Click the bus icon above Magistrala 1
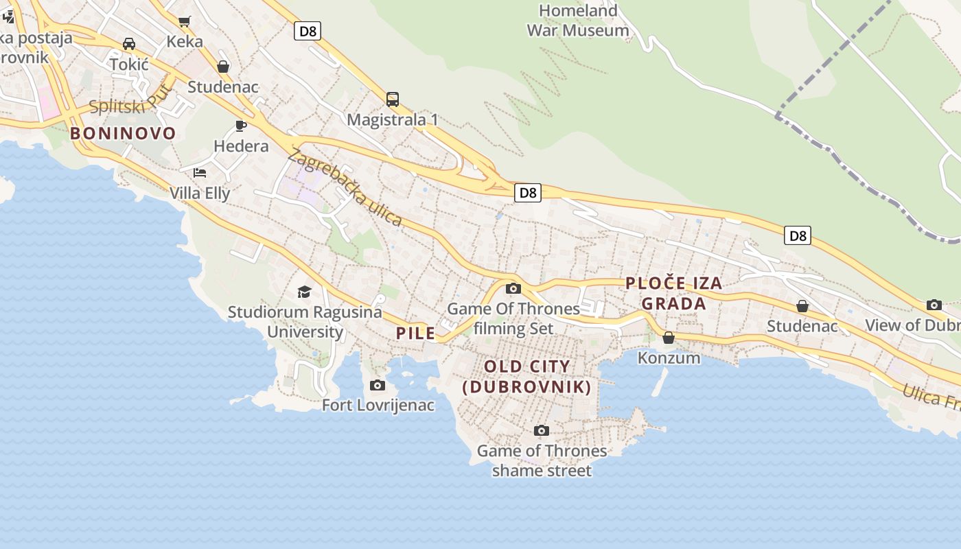392,100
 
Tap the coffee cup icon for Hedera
240,126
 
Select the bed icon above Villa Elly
200,172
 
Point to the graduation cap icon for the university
304,292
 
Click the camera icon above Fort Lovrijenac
377,385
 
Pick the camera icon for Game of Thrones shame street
542,430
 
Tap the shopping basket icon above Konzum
669,338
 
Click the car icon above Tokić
128,44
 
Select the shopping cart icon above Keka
184,21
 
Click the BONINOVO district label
123,133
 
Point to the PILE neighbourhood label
416,334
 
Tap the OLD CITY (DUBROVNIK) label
527,377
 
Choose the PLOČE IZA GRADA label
674,294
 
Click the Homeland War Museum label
578,21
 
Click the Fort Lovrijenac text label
378,405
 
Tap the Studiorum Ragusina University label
305,322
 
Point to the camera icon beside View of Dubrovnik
934,305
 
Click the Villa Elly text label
200,193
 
